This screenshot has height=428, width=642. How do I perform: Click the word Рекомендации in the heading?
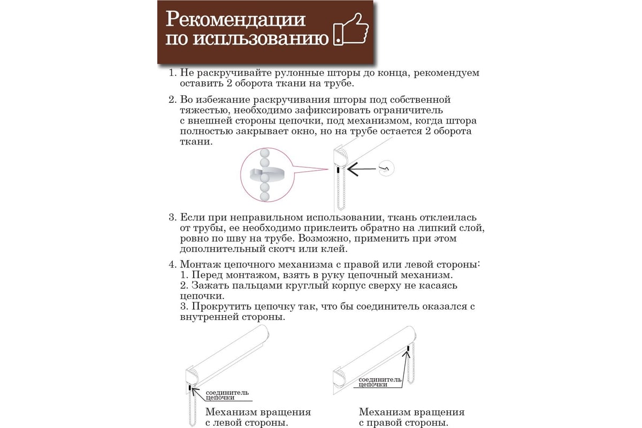(x=236, y=19)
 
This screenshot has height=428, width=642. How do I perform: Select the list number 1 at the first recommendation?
(x=172, y=72)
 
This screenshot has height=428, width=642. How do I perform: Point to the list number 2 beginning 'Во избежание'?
(x=172, y=100)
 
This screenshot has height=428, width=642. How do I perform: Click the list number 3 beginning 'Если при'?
(x=172, y=218)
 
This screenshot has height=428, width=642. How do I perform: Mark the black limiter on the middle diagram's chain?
(x=338, y=170)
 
